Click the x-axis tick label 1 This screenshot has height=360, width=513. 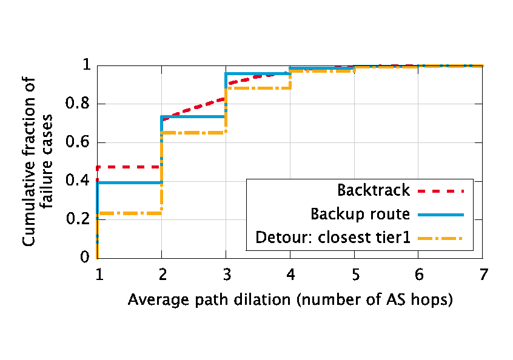98,274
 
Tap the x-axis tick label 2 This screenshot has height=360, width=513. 161,274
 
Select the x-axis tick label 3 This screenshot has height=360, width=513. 226,274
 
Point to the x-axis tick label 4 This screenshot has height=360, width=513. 290,274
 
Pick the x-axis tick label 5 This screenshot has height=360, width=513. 354,274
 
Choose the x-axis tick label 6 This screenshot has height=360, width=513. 418,274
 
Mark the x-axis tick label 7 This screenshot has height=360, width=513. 483,274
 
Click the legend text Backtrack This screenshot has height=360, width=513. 374,190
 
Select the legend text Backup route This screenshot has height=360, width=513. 360,214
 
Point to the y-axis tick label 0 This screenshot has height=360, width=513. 84,258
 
